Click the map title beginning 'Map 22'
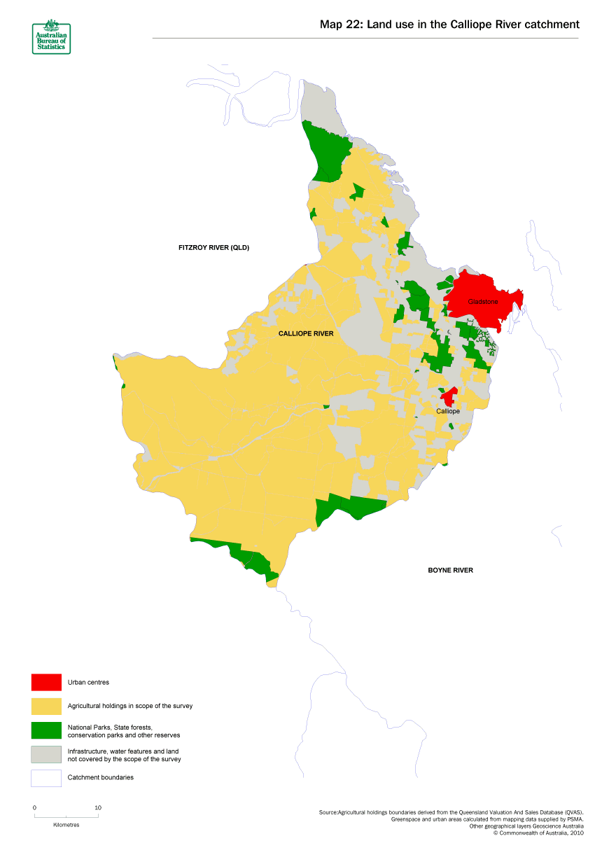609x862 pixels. point(449,25)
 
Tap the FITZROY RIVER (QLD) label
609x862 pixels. point(213,248)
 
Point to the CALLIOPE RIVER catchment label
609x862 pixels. point(306,334)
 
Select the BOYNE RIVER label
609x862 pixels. point(450,571)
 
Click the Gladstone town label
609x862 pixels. point(483,302)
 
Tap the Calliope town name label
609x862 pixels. point(448,411)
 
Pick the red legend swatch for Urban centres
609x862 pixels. point(46,682)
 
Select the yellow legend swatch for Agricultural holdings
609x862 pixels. point(46,706)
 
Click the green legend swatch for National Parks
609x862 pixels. point(46,730)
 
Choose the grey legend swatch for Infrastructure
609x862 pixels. point(46,754)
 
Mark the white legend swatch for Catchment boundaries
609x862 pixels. point(46,778)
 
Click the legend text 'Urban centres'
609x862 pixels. point(88,682)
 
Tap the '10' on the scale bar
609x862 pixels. point(98,807)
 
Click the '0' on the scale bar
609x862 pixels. point(34,807)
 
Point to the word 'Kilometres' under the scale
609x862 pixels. point(66,825)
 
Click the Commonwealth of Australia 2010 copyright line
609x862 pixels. point(538,833)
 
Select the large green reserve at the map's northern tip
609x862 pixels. point(325,151)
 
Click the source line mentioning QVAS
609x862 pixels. point(450,812)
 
